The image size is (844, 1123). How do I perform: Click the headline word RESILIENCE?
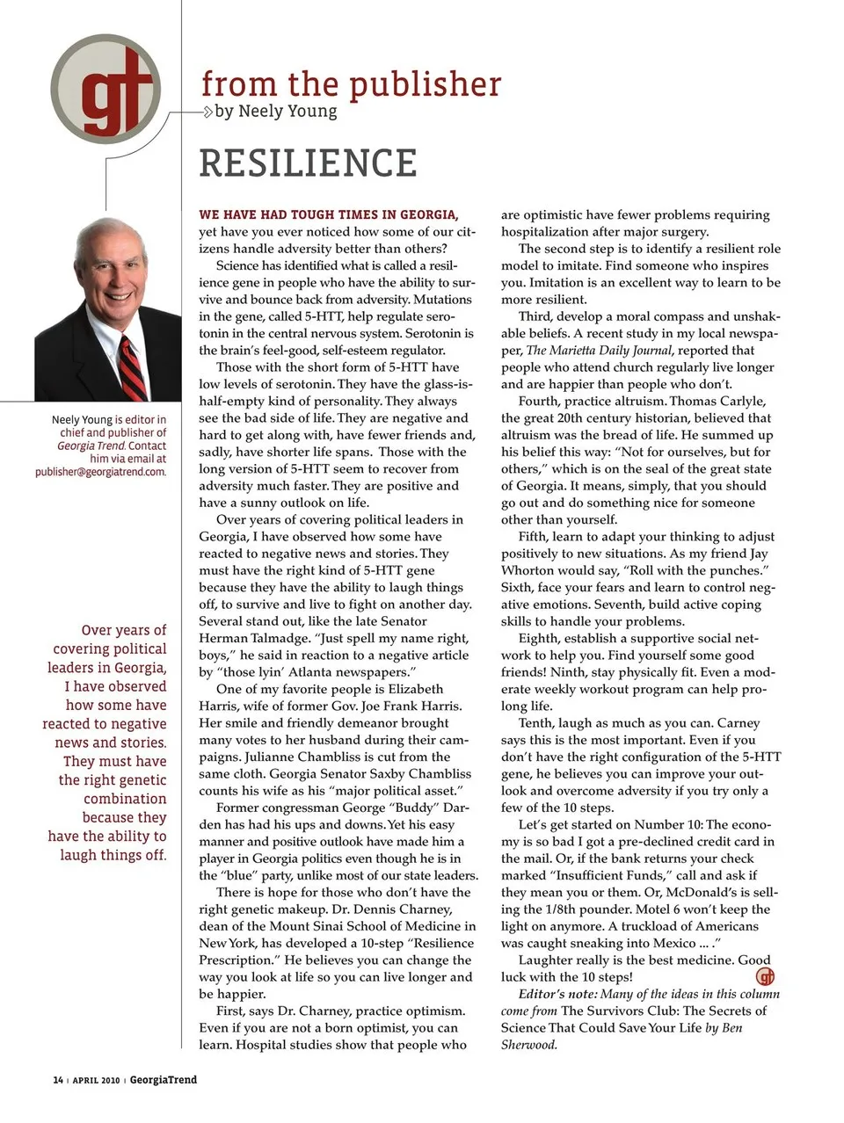click(308, 163)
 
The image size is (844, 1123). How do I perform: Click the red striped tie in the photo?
click(133, 366)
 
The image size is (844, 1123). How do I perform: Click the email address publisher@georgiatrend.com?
click(100, 472)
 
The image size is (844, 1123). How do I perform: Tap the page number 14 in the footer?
click(58, 1080)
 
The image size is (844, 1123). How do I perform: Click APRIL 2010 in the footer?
click(97, 1080)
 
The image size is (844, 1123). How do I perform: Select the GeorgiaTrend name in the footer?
click(164, 1080)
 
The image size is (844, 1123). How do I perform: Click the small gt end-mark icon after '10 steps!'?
click(766, 976)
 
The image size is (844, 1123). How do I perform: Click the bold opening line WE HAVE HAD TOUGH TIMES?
click(328, 214)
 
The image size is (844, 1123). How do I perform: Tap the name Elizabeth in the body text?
click(416, 689)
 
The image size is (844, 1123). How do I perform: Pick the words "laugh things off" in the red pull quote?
click(113, 855)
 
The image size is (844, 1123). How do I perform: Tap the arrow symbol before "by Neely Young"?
click(207, 112)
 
